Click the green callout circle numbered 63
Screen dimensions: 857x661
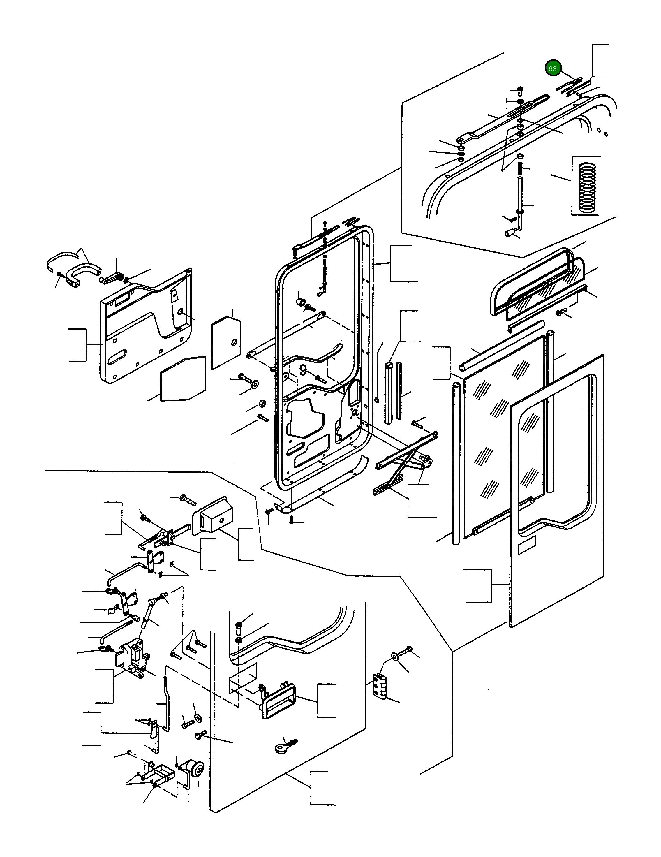tap(552, 69)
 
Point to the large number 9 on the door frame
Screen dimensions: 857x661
tap(303, 370)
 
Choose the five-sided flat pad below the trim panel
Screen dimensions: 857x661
tap(183, 379)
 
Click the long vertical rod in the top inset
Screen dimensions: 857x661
tap(519, 200)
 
